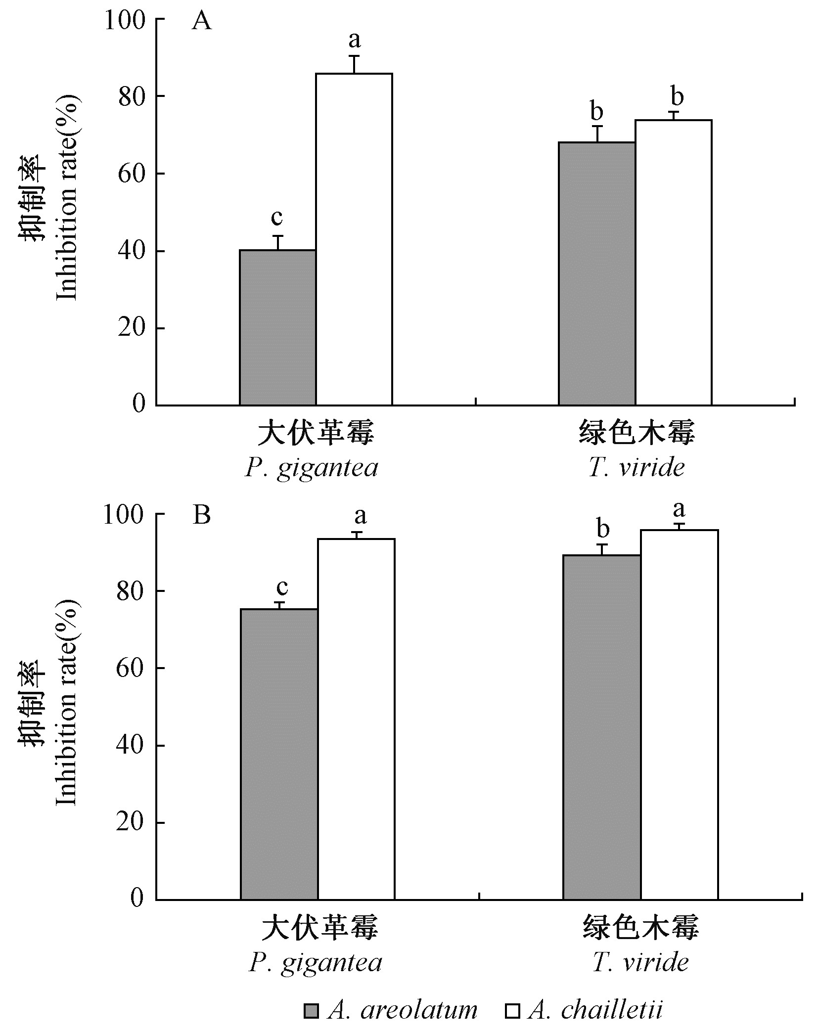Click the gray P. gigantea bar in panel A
tap(277, 327)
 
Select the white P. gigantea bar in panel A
tap(354, 239)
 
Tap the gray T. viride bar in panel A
tap(597, 273)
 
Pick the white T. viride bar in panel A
tap(673, 262)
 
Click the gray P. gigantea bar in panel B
tap(279, 754)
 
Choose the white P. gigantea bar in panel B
tap(356, 719)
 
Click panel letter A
tap(201, 22)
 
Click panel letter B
tap(202, 515)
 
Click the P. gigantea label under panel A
tap(312, 468)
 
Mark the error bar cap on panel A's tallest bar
tap(354, 56)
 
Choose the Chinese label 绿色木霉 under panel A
tap(636, 433)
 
